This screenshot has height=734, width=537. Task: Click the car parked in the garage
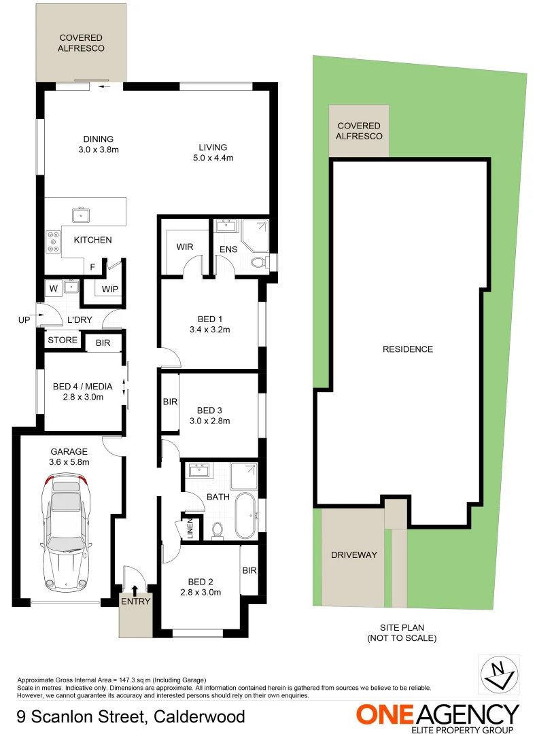(x=67, y=534)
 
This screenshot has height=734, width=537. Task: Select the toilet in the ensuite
(x=258, y=263)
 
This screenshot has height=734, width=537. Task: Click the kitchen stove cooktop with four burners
(x=52, y=242)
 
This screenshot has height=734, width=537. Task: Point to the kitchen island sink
(x=82, y=215)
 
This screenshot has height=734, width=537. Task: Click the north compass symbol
(x=499, y=675)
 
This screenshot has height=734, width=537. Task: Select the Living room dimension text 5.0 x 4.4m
(x=213, y=158)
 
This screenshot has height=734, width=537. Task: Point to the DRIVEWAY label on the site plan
(x=353, y=555)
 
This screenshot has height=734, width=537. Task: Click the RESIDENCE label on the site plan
(x=408, y=349)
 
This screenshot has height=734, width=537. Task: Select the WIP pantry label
(x=110, y=290)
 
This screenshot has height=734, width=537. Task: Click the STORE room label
(x=63, y=340)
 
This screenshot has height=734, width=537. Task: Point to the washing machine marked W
(x=53, y=288)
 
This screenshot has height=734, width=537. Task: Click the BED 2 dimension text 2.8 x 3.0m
(x=201, y=593)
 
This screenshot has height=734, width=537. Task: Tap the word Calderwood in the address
(x=200, y=716)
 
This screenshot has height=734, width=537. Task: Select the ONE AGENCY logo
(x=438, y=718)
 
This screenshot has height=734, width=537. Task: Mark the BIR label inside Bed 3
(x=170, y=402)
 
